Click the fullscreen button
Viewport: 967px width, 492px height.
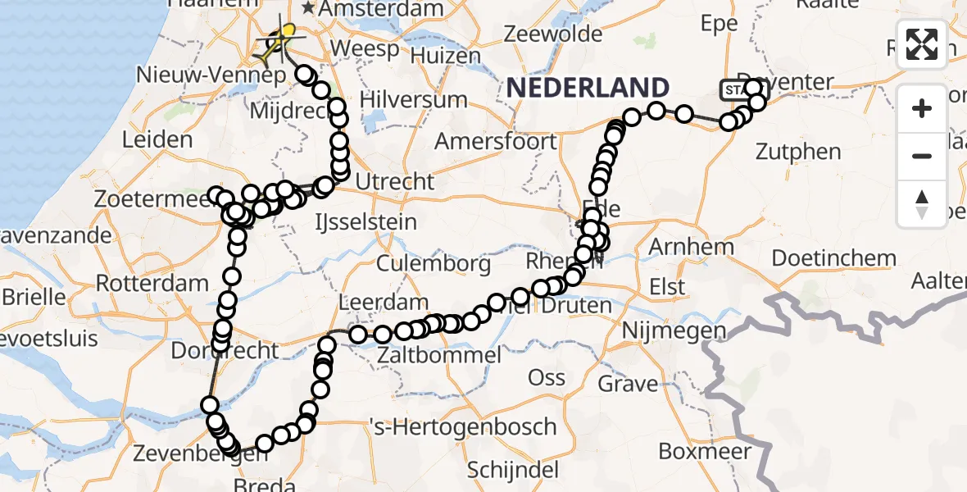(922, 44)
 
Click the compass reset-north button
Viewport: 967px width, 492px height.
(922, 204)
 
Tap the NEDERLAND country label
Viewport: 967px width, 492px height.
(588, 88)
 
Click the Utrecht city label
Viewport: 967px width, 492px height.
(395, 180)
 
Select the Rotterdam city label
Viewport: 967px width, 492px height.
(152, 284)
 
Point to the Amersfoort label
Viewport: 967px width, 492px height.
(495, 141)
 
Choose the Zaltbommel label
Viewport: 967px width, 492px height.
(439, 355)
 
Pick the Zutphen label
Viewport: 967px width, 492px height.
(799, 152)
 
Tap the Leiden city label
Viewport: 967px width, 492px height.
(157, 139)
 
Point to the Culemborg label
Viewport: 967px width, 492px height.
(434, 264)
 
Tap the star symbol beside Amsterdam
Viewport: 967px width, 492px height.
(309, 8)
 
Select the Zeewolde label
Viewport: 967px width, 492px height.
(554, 34)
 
